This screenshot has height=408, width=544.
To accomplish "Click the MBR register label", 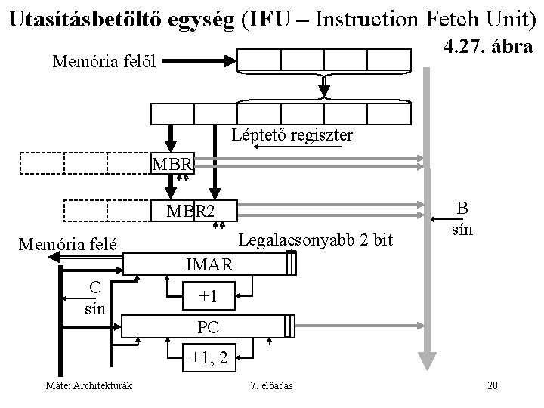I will [172, 163].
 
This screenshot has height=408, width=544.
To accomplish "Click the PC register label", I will [209, 328].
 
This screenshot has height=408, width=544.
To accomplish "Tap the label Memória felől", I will [104, 61].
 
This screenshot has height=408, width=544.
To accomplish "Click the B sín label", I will [462, 218].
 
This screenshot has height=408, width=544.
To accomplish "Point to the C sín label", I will [94, 297].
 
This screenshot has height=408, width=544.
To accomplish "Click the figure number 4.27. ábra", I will [490, 47].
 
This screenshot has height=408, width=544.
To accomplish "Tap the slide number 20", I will [493, 386].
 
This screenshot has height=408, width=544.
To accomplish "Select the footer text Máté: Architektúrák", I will [89, 386].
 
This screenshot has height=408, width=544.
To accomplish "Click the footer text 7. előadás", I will [273, 386].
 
